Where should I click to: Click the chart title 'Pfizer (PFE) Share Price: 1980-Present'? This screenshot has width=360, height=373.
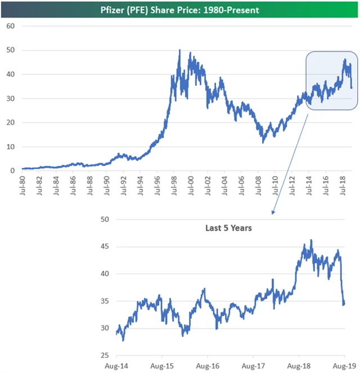pos(179,10)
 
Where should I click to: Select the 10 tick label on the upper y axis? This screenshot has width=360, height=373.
pos(11,147)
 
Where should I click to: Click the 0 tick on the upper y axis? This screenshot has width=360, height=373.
pos(12,171)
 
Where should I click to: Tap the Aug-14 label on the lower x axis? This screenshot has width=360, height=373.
pos(116,366)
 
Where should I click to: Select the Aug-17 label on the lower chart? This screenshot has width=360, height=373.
pos(253,366)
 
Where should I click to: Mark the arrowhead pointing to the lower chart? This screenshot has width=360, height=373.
pos(273,213)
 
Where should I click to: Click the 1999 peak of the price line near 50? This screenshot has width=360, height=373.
pos(179,51)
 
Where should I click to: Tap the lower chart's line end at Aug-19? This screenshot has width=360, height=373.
pos(344,304)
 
